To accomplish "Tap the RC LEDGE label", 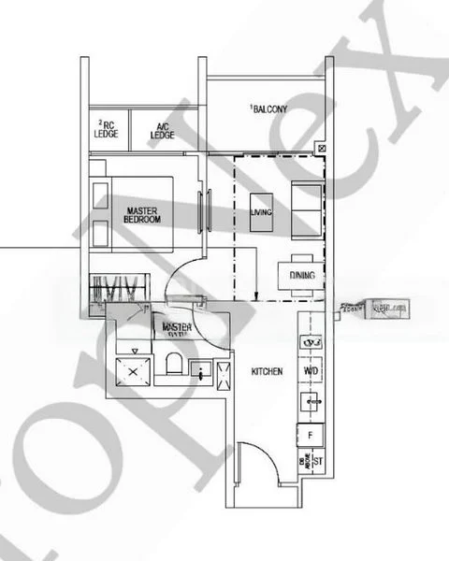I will [x=105, y=128].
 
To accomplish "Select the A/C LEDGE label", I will [x=162, y=129].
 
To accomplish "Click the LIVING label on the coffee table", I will [x=261, y=212].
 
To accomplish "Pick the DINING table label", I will [x=301, y=277].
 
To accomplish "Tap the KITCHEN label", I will [x=267, y=372].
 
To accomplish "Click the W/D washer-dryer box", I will [x=311, y=370].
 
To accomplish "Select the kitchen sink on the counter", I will [x=311, y=402].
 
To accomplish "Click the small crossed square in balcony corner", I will [x=322, y=148].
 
